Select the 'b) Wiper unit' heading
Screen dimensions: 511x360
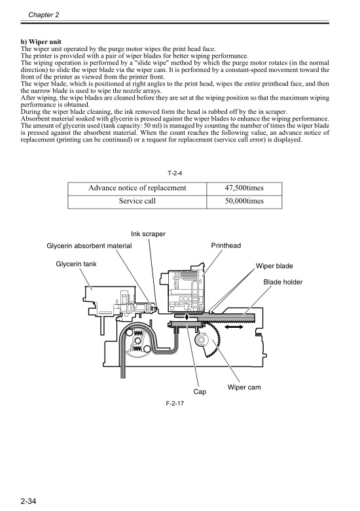(x=45, y=43)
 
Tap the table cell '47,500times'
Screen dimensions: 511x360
(x=243, y=188)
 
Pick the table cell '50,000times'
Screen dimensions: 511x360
(x=243, y=202)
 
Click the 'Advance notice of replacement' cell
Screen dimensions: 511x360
(x=137, y=188)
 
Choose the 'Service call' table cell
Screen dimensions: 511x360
(x=137, y=202)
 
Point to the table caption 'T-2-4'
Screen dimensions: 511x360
(x=177, y=173)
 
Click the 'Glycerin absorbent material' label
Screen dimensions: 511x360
(x=89, y=246)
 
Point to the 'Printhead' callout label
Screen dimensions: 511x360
(x=226, y=246)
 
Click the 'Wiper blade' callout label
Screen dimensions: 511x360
(x=274, y=266)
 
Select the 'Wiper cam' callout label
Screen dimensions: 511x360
(x=244, y=387)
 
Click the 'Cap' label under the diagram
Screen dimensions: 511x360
(x=200, y=392)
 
